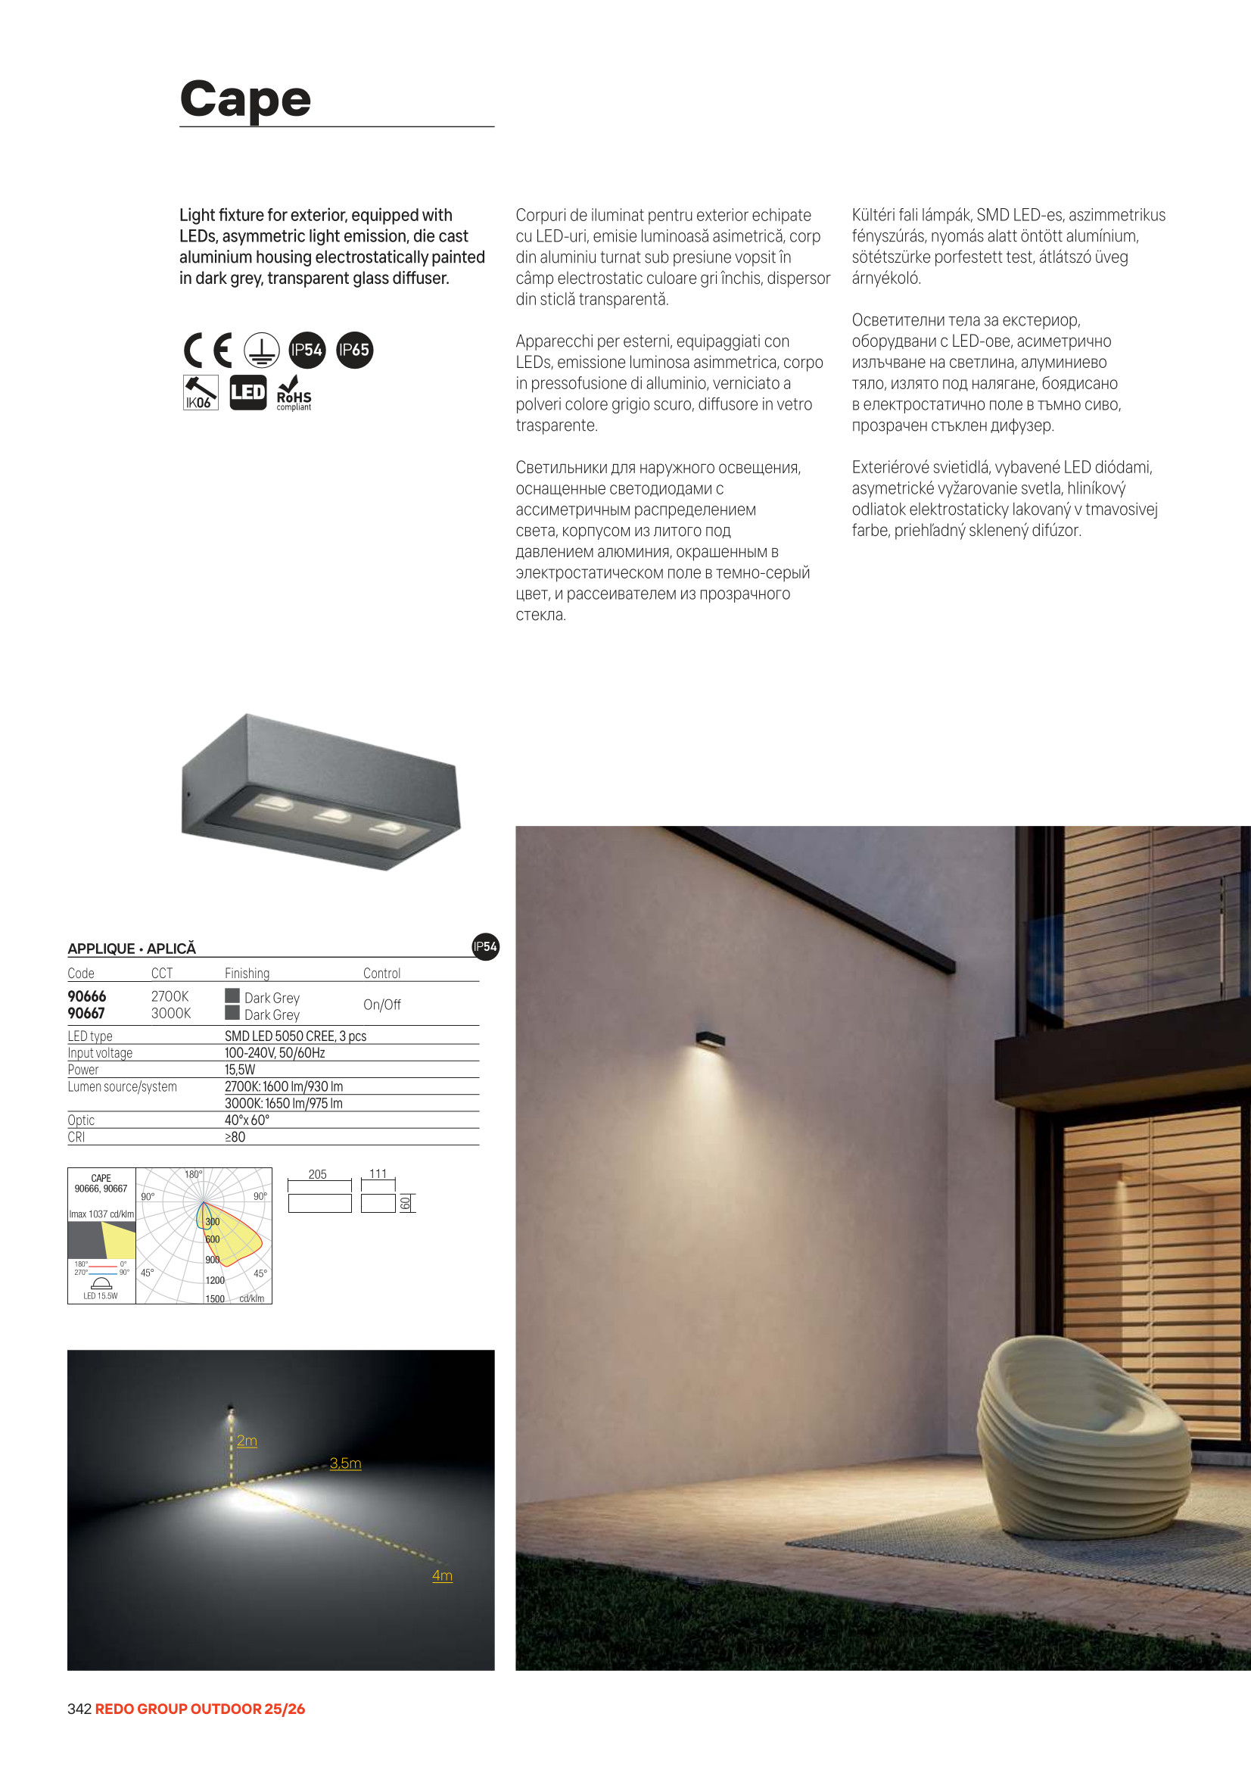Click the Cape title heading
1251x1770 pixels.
pos(245,99)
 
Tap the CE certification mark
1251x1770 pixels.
pos(208,350)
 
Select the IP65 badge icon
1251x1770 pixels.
pos(355,350)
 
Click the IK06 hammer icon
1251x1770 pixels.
pos(201,392)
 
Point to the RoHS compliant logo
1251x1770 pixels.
pos(294,393)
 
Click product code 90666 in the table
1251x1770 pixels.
pos(87,996)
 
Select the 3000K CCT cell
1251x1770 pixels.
pos(170,1013)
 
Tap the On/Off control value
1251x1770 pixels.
pos(381,1005)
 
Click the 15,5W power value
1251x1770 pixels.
pos(240,1070)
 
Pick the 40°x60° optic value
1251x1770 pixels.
pos(247,1120)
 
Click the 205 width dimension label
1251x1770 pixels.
pos(318,1174)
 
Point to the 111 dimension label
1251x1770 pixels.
pos(378,1173)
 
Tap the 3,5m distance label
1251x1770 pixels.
pos(345,1463)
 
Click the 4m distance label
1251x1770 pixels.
pos(443,1575)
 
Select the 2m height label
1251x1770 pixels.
pos(247,1441)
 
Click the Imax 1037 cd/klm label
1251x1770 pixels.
pos(101,1214)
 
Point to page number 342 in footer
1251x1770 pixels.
pos(79,1709)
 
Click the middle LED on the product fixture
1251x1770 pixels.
pos(333,815)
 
